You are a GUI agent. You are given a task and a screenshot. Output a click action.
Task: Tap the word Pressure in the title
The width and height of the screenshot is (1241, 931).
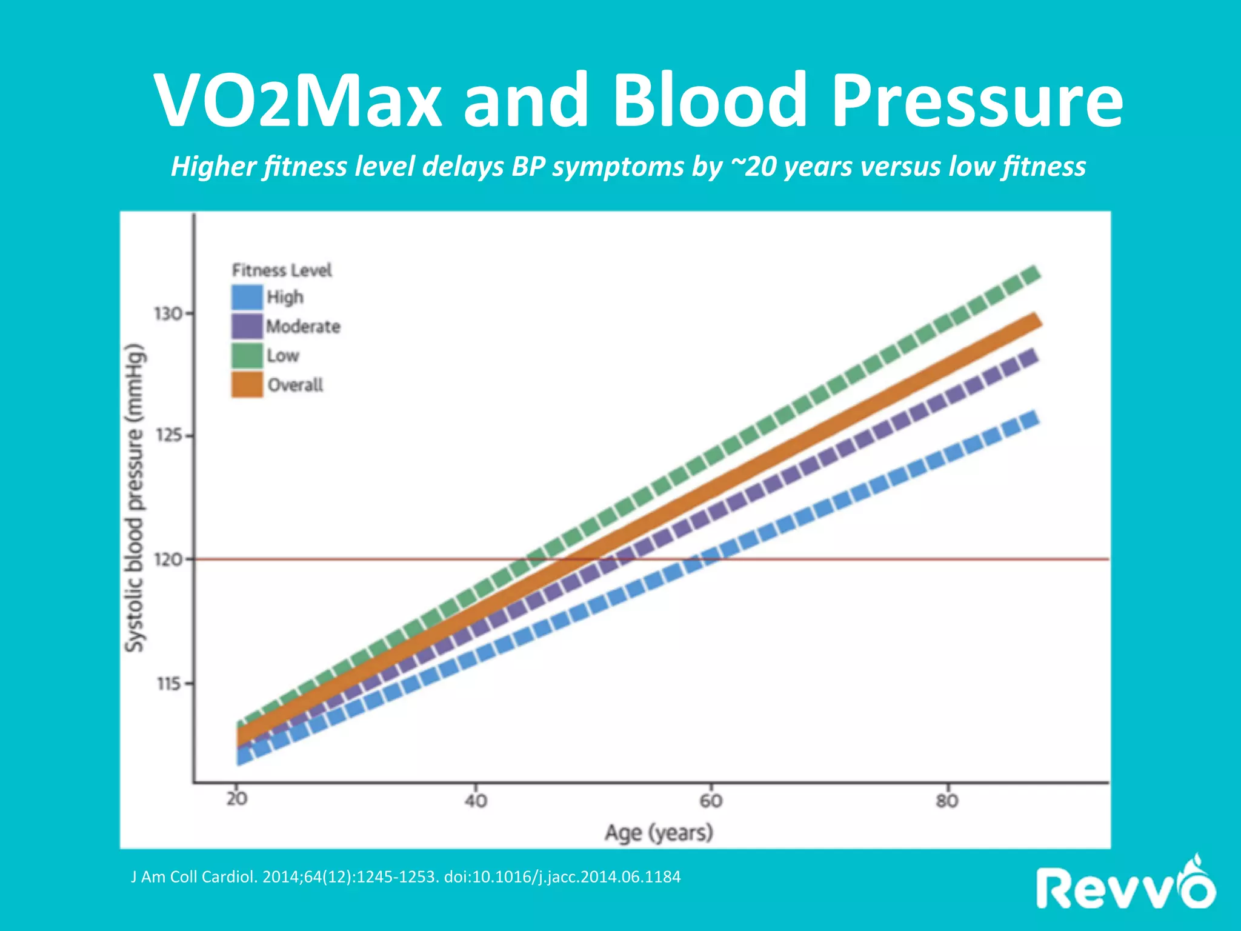coord(977,100)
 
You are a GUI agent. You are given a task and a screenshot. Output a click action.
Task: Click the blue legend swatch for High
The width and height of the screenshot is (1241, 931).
coord(247,298)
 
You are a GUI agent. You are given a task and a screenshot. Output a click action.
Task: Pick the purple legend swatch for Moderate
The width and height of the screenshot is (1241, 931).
coord(247,327)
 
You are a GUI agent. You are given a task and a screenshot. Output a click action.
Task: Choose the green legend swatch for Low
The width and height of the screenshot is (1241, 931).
coord(247,356)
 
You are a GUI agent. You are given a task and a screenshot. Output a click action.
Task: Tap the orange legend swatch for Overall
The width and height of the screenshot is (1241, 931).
coord(247,385)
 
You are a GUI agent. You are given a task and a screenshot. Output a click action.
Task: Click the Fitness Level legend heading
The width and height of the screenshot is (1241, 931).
coord(282,270)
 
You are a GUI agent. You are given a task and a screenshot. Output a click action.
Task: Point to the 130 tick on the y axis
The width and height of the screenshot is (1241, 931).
coord(168,314)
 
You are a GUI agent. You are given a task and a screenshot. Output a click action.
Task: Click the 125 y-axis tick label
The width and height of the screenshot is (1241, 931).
coord(168,436)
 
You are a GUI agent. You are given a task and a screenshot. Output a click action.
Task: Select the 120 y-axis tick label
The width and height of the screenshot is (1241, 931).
coord(168,559)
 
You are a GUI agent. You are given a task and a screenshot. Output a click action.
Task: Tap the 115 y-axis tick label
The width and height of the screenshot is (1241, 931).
coord(168,684)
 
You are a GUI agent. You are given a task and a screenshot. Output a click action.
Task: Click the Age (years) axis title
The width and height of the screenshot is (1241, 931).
coord(659,833)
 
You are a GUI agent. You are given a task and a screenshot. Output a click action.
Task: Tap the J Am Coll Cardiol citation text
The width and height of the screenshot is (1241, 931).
coord(405,877)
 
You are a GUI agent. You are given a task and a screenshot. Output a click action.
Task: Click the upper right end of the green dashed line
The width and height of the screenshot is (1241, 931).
coord(1031,275)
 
